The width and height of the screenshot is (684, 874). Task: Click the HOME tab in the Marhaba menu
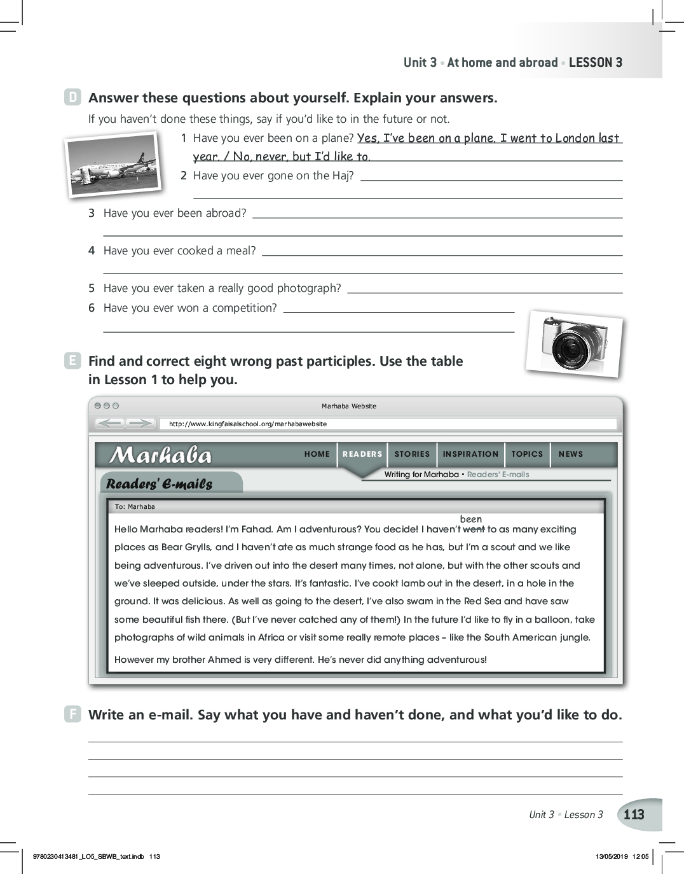point(317,454)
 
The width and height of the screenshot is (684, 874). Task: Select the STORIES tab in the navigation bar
point(412,454)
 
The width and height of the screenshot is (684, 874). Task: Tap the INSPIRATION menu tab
point(470,454)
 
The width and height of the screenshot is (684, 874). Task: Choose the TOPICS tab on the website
point(527,454)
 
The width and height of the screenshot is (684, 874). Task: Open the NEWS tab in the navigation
point(570,454)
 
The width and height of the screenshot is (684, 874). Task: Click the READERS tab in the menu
point(362,454)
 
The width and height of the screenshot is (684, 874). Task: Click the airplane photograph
point(113,163)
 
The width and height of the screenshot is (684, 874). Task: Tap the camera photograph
point(574,343)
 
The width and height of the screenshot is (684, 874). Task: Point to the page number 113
point(634,815)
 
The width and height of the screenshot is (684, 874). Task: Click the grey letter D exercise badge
point(73,97)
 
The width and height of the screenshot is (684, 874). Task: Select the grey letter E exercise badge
point(73,361)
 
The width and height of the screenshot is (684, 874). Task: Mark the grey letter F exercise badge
point(73,714)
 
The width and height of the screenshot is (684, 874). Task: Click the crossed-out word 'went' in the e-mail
point(474,529)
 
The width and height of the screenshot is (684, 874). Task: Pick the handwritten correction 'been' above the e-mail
point(471,519)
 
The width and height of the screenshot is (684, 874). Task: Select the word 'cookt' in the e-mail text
point(384,583)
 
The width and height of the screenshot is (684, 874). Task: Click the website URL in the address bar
point(248,424)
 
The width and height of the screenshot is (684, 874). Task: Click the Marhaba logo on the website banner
point(161,455)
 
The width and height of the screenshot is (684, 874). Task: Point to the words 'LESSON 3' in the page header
point(596,62)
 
